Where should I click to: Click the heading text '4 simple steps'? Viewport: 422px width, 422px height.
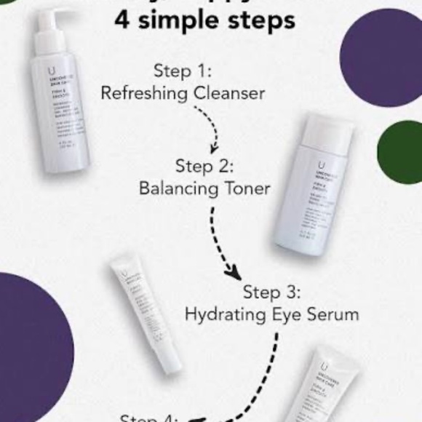tap(204, 20)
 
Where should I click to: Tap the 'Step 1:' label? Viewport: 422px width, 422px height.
tap(183, 71)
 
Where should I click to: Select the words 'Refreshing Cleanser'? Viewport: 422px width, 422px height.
tap(183, 94)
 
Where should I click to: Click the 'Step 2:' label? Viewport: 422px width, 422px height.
tap(204, 165)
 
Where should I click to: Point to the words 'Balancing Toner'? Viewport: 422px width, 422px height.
tap(204, 188)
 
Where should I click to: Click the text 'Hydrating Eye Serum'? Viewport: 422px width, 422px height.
tap(271, 315)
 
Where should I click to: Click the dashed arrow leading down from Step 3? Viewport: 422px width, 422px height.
tap(262, 378)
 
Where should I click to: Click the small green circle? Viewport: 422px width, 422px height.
tap(400, 152)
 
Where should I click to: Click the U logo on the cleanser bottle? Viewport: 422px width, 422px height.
tap(50, 71)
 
